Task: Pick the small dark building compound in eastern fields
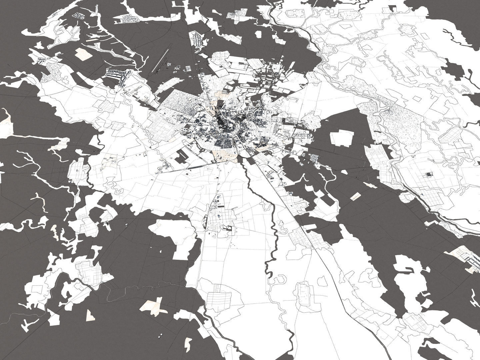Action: [429, 174]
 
